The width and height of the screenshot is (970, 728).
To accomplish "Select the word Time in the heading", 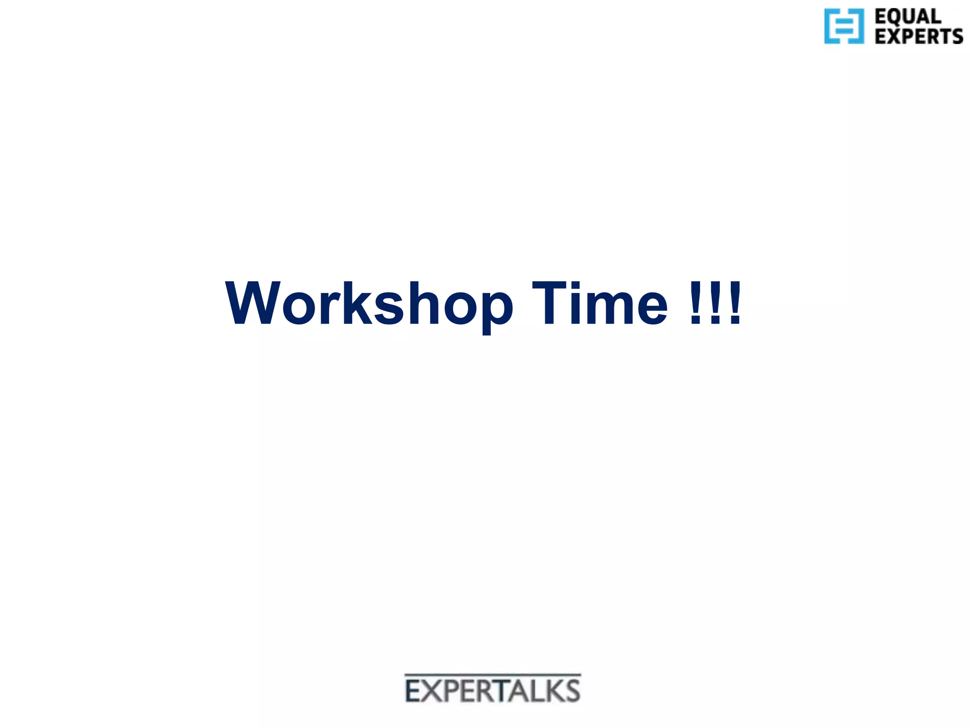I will click(599, 304).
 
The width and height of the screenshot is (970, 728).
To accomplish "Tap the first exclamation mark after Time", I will click(695, 304).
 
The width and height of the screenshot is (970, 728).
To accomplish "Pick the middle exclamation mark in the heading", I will click(715, 304).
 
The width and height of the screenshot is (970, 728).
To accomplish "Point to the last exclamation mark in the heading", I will click(735, 304).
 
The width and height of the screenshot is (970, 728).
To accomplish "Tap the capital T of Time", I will click(549, 304).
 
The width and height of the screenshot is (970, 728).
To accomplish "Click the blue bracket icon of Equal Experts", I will click(844, 27).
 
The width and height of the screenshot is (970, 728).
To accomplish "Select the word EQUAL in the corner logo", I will click(907, 17).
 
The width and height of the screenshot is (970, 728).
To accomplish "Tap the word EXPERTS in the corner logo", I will click(918, 36).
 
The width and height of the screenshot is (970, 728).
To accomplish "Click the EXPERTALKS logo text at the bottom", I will click(493, 691).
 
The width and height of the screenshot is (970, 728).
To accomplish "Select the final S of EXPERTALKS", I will click(572, 691).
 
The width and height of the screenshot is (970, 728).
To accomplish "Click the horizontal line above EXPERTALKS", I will click(493, 674).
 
